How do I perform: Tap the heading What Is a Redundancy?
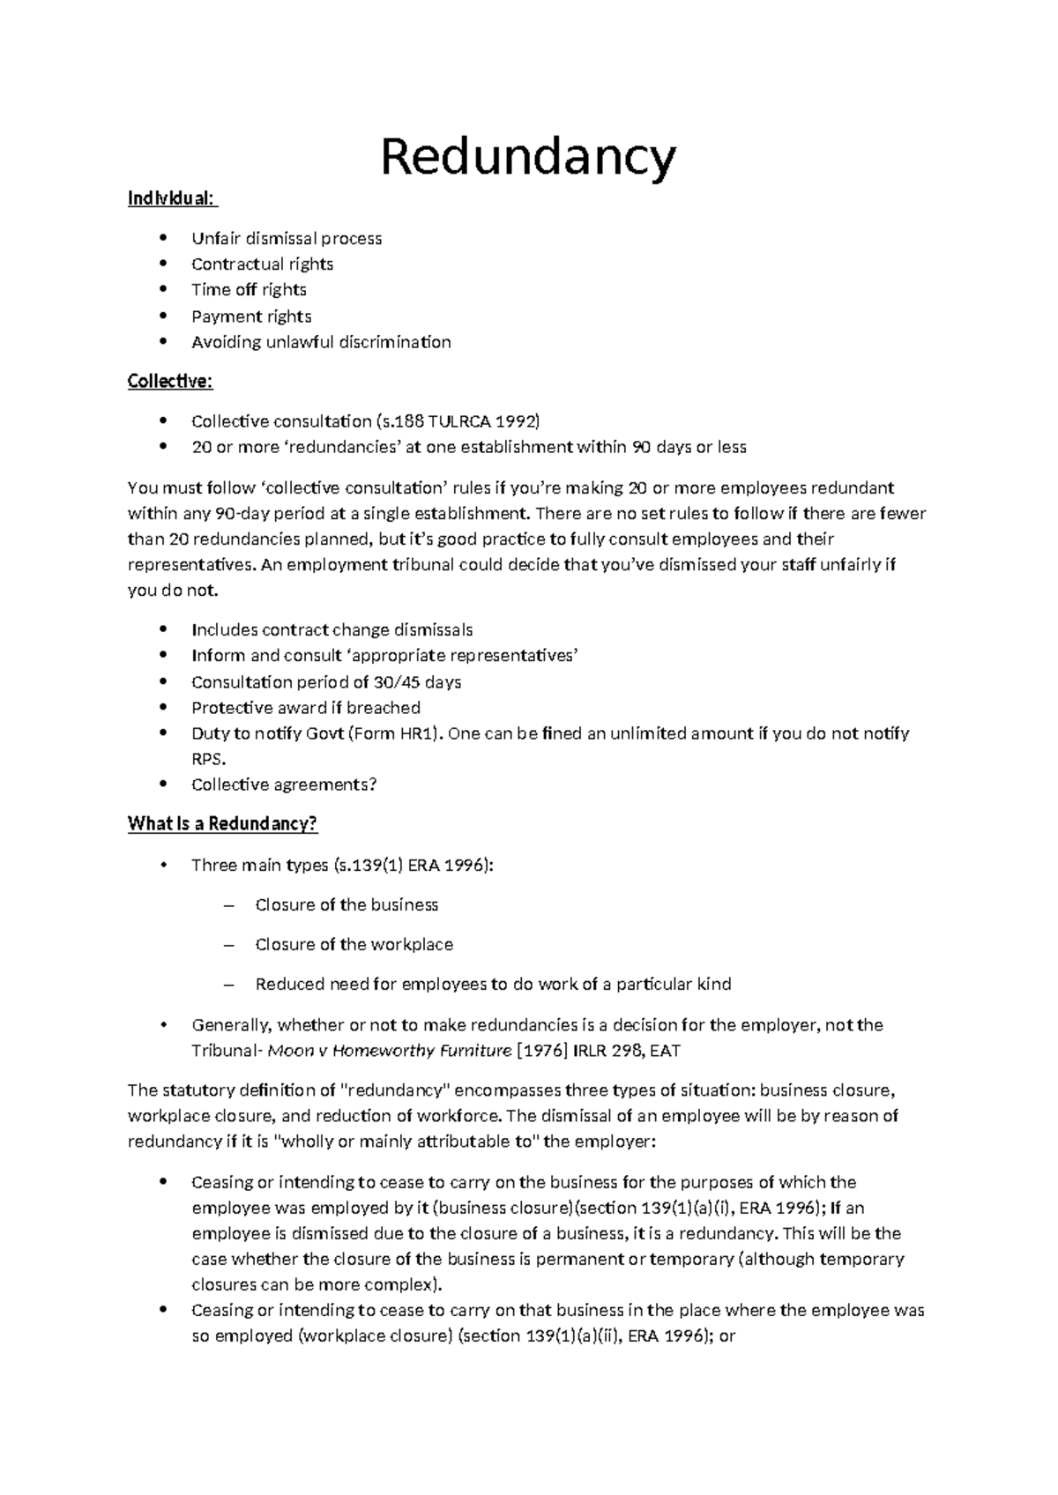[222, 823]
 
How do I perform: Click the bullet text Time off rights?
[249, 290]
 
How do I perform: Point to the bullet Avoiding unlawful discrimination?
[321, 342]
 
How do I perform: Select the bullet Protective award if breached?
[305, 708]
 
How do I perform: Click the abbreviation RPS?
[207, 759]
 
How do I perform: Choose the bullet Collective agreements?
[284, 785]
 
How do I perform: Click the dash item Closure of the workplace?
[354, 945]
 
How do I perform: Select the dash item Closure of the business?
[346, 905]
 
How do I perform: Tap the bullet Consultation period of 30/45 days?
[326, 682]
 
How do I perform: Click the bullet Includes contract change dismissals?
[332, 630]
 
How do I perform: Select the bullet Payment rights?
[251, 316]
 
